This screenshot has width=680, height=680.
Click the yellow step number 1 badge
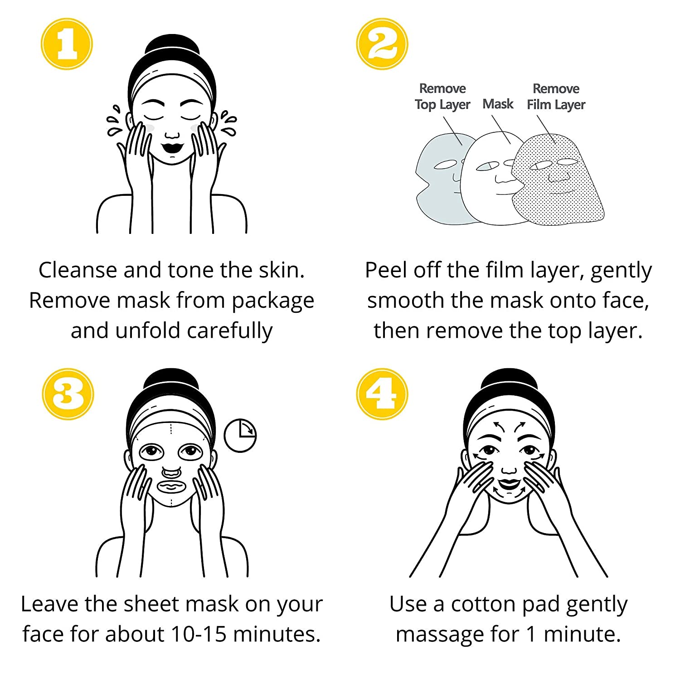(67, 44)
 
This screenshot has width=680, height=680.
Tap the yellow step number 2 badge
(382, 44)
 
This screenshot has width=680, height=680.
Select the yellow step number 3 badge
(68, 394)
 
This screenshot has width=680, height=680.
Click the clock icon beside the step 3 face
(240, 436)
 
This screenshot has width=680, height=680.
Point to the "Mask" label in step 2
(498, 104)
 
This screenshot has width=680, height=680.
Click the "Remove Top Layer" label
(442, 97)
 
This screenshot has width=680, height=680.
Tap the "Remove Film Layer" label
(556, 97)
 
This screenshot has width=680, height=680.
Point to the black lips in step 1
(172, 147)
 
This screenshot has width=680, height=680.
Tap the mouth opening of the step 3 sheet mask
(171, 487)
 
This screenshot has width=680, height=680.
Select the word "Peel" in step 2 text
(386, 270)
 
